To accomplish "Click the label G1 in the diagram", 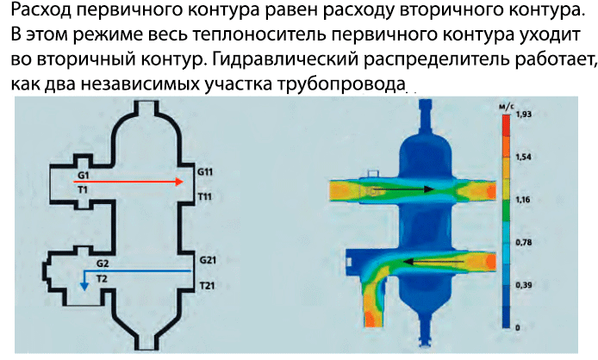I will point(83,175).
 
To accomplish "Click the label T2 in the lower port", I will point(102,279).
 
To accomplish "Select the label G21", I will point(207,259).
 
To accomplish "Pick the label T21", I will point(207,285).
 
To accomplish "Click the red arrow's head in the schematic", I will point(178,182).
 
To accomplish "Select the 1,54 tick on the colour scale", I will point(522,157).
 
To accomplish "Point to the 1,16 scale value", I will point(522,199).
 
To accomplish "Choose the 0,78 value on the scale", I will point(522,242).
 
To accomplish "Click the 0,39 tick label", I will point(522,284).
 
